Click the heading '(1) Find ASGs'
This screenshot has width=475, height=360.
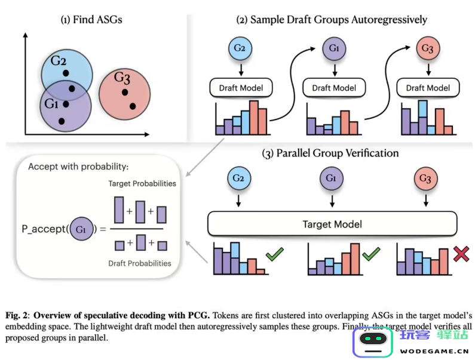pos(91,20)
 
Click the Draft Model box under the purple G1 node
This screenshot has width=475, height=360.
pos(334,88)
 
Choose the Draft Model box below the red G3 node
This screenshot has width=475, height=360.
pos(428,88)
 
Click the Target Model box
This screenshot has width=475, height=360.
pos(332,224)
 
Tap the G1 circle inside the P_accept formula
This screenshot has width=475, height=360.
pos(81,229)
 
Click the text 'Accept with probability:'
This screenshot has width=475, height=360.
pos(78,167)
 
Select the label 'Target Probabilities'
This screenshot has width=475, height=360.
pos(142,183)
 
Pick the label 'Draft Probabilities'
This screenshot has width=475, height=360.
pos(139,263)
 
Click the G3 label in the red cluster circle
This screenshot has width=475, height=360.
pos(122,78)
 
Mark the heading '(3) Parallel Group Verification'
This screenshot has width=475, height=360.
pos(330,153)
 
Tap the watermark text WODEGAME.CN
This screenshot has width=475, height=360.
pos(434,350)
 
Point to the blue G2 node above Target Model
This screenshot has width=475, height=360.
pos(238,179)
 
